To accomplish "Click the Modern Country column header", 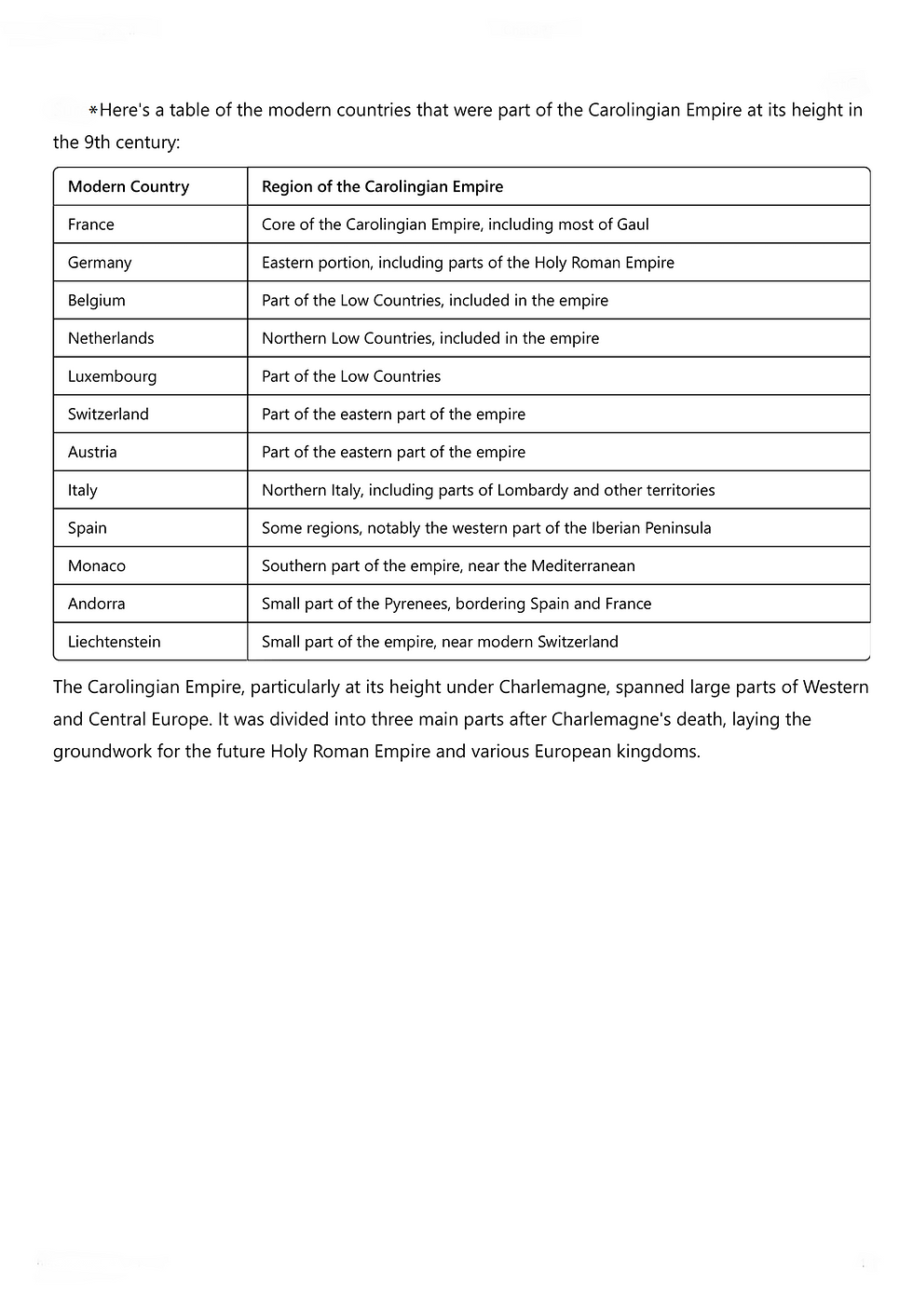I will (x=129, y=186).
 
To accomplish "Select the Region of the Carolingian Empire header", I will (x=382, y=186).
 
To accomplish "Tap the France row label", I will (x=91, y=224).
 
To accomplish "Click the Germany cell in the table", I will (x=100, y=263).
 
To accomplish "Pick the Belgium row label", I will (x=97, y=301).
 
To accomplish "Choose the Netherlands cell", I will (x=111, y=338).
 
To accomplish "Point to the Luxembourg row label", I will (x=112, y=376).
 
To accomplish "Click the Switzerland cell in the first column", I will (x=108, y=415).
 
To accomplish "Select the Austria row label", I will (x=92, y=452).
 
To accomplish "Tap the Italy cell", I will (x=83, y=490).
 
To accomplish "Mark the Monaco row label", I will (x=97, y=566).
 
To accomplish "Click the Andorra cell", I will (x=97, y=604).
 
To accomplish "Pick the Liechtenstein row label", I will (x=115, y=642).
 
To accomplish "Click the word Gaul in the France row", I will (x=632, y=224).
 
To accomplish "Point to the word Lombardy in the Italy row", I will (x=533, y=490).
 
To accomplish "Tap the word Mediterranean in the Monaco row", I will (x=583, y=565).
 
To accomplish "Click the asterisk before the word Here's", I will (x=93, y=111).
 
